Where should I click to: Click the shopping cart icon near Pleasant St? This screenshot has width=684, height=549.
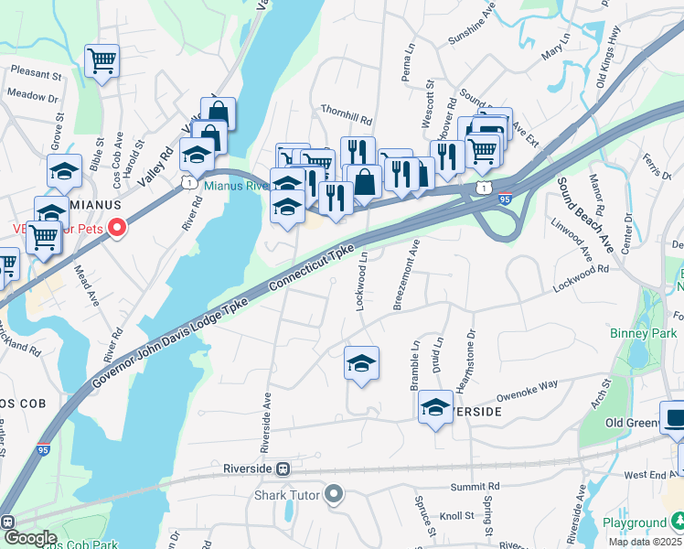pyautogui.click(x=102, y=61)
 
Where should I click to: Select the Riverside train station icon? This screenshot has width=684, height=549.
pyautogui.click(x=283, y=469)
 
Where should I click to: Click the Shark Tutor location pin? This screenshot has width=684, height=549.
pyautogui.click(x=333, y=495)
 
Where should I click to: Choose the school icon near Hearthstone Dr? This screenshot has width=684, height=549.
pyautogui.click(x=435, y=408)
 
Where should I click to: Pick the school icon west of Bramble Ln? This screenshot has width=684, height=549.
pyautogui.click(x=361, y=363)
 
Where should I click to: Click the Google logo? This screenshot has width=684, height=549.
pyautogui.click(x=29, y=538)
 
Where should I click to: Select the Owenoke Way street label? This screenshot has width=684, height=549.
pyautogui.click(x=527, y=391)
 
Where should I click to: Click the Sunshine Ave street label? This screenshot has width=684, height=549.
pyautogui.click(x=472, y=35)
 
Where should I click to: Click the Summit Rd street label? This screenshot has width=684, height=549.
pyautogui.click(x=481, y=487)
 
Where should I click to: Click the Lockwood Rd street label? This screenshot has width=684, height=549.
pyautogui.click(x=581, y=279)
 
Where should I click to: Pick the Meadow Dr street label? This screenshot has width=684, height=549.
pyautogui.click(x=32, y=95)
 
